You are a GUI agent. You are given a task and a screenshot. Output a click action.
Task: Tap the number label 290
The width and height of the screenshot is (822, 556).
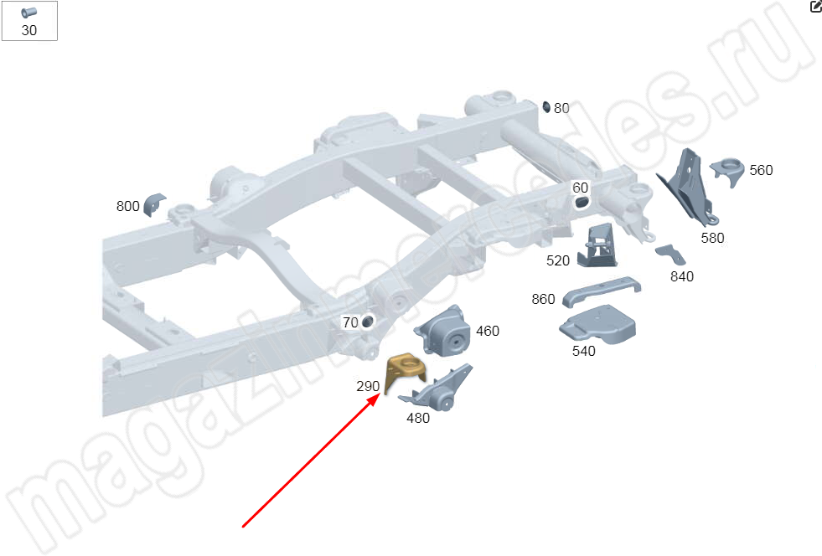[x=368, y=386]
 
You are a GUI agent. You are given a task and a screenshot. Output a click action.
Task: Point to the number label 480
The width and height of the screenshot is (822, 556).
[x=418, y=418]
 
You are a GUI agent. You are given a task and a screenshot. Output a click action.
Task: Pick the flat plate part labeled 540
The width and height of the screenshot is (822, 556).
[x=597, y=325]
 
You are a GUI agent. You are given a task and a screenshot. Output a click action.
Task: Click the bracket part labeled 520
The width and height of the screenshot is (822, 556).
[x=597, y=246]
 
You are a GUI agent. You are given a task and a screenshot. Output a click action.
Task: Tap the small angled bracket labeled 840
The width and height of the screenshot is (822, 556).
[x=671, y=255]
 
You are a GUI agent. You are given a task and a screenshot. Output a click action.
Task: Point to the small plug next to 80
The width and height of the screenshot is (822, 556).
[x=546, y=107]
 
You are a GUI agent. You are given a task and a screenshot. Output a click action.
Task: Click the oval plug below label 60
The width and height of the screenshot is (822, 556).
[x=581, y=203]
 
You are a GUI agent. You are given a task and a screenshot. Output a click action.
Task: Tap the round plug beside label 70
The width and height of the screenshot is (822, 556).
[x=368, y=322]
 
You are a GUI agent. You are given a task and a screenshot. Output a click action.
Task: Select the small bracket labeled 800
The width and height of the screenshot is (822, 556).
[x=153, y=203]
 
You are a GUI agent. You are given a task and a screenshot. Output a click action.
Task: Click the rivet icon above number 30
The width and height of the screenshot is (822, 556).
[x=28, y=13]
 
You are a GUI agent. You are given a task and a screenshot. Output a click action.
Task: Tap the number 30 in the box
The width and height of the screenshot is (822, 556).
[x=28, y=30]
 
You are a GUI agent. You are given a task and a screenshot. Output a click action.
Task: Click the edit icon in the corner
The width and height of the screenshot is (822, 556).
[x=816, y=6]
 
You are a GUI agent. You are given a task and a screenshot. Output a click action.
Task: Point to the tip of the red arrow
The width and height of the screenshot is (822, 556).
[x=381, y=394]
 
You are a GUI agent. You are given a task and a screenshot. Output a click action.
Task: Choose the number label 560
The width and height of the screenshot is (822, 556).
[x=761, y=170]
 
